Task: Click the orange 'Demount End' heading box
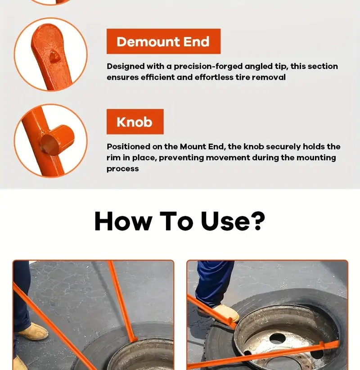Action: pyautogui.click(x=163, y=41)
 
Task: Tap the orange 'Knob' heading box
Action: pyautogui.click(x=135, y=122)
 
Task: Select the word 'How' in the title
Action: pyautogui.click(x=123, y=221)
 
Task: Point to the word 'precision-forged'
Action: pyautogui.click(x=208, y=67)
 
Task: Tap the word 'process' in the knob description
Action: pyautogui.click(x=123, y=169)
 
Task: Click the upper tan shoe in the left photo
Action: pyautogui.click(x=31, y=331)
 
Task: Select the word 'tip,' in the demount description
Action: pyautogui.click(x=281, y=67)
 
